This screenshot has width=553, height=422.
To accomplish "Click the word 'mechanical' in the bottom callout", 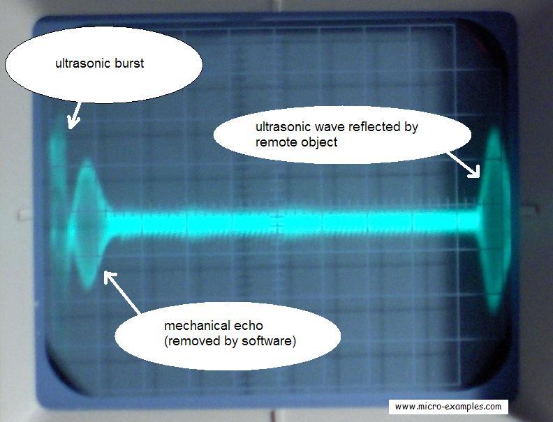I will (193, 326).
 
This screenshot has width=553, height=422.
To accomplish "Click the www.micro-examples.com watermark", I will (448, 407).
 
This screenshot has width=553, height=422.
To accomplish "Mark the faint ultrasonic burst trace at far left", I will (59, 160).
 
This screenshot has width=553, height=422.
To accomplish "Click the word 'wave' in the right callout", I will (328, 128).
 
